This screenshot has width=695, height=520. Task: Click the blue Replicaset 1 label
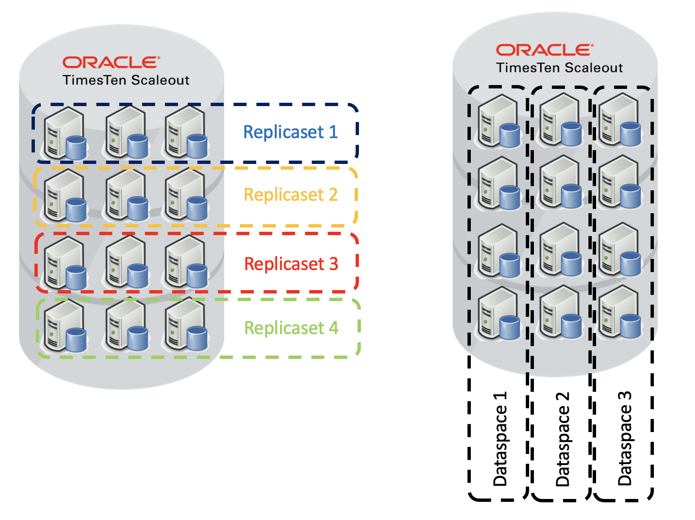290,132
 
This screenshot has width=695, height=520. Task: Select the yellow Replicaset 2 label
290,195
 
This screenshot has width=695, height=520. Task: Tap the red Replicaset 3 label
291,264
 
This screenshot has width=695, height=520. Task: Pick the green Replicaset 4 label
291,328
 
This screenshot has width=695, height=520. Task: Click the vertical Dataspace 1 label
500,439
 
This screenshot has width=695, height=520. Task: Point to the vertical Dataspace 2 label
563,439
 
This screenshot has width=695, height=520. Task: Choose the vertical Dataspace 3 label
624,439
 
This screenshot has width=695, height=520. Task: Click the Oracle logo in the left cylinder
111,63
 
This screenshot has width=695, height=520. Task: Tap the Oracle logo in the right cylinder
544,50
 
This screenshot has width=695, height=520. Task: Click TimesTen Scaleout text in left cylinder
126,80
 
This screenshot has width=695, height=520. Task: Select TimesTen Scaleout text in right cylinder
559,68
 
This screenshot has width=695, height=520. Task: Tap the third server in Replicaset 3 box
186,263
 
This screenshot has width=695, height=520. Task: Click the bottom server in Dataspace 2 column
560,313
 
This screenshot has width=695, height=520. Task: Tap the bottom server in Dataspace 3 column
619,313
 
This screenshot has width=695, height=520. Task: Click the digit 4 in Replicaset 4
333,328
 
